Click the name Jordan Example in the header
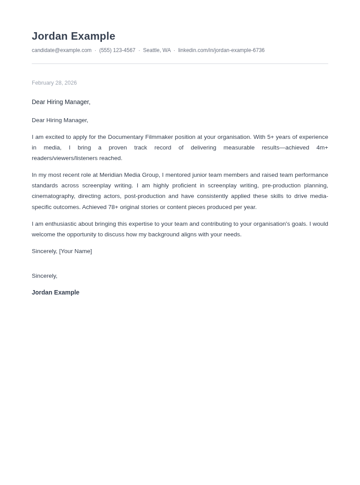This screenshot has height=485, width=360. pyautogui.click(x=73, y=36)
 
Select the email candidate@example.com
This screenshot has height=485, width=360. pyautogui.click(x=62, y=50)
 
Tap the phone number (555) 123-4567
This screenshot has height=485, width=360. pyautogui.click(x=117, y=50)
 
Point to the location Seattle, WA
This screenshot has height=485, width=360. pyautogui.click(x=157, y=50)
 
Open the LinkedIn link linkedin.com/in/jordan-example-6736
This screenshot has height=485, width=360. pyautogui.click(x=221, y=50)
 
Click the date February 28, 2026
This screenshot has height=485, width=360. pyautogui.click(x=54, y=83)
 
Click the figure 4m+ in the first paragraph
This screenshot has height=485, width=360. pyautogui.click(x=322, y=148)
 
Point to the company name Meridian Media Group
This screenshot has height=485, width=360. pyautogui.click(x=129, y=175)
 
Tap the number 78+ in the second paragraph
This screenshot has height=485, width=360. pyautogui.click(x=113, y=207)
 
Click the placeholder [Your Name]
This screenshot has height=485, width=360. pyautogui.click(x=75, y=251)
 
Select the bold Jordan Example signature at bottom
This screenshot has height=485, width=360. pyautogui.click(x=56, y=292)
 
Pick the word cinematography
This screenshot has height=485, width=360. pyautogui.click(x=53, y=196)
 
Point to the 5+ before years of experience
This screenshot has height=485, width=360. pyautogui.click(x=270, y=137)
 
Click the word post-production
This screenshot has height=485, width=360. pyautogui.click(x=145, y=196)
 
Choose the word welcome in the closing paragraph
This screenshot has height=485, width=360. pyautogui.click(x=43, y=235)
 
